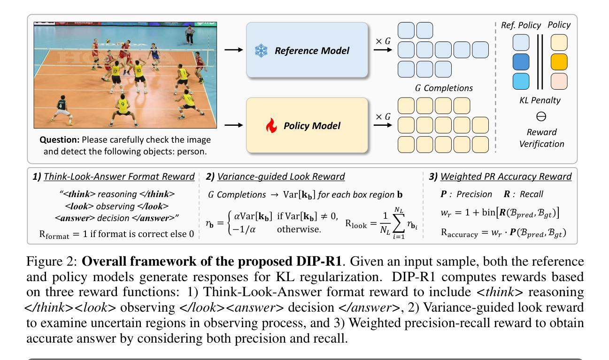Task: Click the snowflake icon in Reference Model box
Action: pyautogui.click(x=261, y=51)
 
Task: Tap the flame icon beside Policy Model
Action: pyautogui.click(x=271, y=125)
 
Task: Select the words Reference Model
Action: pyautogui.click(x=312, y=51)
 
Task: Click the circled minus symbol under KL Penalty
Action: pyautogui.click(x=541, y=116)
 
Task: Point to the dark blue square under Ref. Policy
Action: pyautogui.click(x=521, y=62)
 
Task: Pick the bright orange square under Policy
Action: pyautogui.click(x=559, y=62)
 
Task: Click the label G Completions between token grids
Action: pyautogui.click(x=444, y=88)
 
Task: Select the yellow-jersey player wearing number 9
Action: pyautogui.click(x=123, y=110)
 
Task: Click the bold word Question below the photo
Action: pyautogui.click(x=60, y=140)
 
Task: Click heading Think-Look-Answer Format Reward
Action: pyautogui.click(x=119, y=176)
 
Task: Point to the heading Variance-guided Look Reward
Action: pyautogui.click(x=281, y=176)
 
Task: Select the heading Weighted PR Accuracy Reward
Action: pyautogui.click(x=506, y=176)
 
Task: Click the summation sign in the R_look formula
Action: pyautogui.click(x=399, y=223)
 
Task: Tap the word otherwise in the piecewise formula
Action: pyautogui.click(x=299, y=230)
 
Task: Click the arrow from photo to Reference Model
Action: pyautogui.click(x=233, y=50)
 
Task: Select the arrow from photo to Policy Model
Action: pyautogui.click(x=233, y=125)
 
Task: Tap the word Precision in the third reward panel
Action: pyautogui.click(x=474, y=194)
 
